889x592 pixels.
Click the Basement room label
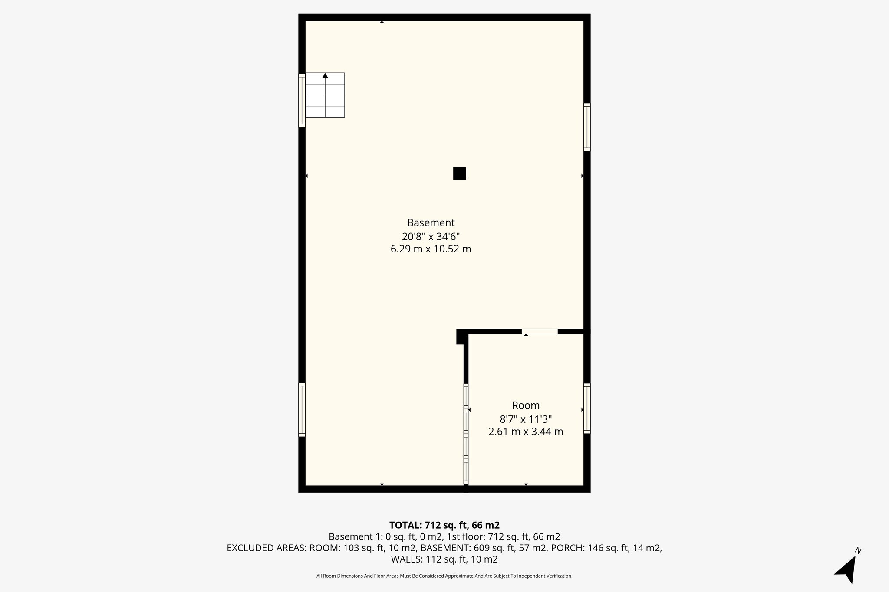point(431,222)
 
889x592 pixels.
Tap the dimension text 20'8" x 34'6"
point(431,236)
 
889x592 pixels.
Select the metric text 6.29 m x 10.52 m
point(431,249)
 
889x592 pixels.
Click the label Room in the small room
point(526,405)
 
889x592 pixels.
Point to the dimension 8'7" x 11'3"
point(526,419)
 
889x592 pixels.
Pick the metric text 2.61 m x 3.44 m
point(526,432)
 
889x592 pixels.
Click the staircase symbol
point(325,95)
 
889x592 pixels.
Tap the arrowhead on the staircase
point(325,75)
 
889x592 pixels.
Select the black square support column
point(459,173)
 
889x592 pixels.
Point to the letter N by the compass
point(858,551)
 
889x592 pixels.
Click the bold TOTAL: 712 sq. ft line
point(444,525)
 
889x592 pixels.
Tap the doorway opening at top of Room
point(540,331)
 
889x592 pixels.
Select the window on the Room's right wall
point(587,408)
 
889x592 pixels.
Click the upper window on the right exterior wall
point(587,127)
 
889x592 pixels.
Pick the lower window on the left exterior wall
point(302,409)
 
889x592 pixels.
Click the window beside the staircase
point(302,100)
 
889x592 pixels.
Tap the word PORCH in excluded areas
point(567,548)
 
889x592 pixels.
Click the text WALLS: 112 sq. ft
point(444,559)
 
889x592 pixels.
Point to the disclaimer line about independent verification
point(444,576)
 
